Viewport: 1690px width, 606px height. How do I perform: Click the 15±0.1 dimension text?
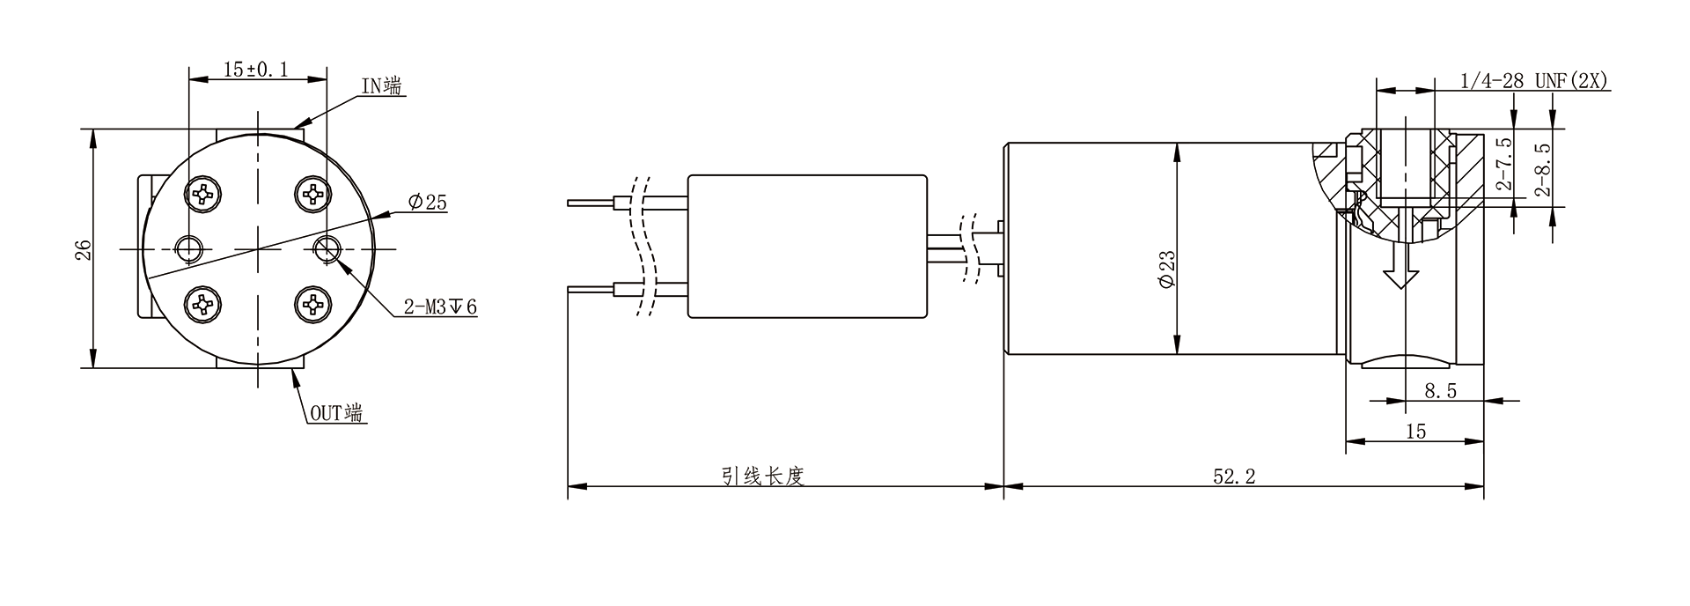[256, 69]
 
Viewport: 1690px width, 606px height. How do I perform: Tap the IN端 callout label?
[383, 85]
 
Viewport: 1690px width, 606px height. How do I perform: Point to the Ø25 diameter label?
[427, 203]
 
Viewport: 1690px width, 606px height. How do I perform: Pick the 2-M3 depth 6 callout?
[439, 307]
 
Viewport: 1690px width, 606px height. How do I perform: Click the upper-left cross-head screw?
[203, 193]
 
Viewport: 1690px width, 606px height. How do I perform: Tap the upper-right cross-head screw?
[312, 193]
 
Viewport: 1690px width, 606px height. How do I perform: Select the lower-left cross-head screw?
[203, 305]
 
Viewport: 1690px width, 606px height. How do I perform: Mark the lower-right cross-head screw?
[312, 305]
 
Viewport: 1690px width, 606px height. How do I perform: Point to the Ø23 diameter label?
[1167, 269]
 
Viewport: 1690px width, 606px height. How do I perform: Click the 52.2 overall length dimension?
[1234, 477]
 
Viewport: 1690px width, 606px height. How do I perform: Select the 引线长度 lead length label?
[763, 477]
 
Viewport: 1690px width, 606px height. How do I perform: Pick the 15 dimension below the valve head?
[1415, 431]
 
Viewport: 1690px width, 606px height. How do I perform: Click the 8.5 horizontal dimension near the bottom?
[1440, 391]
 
